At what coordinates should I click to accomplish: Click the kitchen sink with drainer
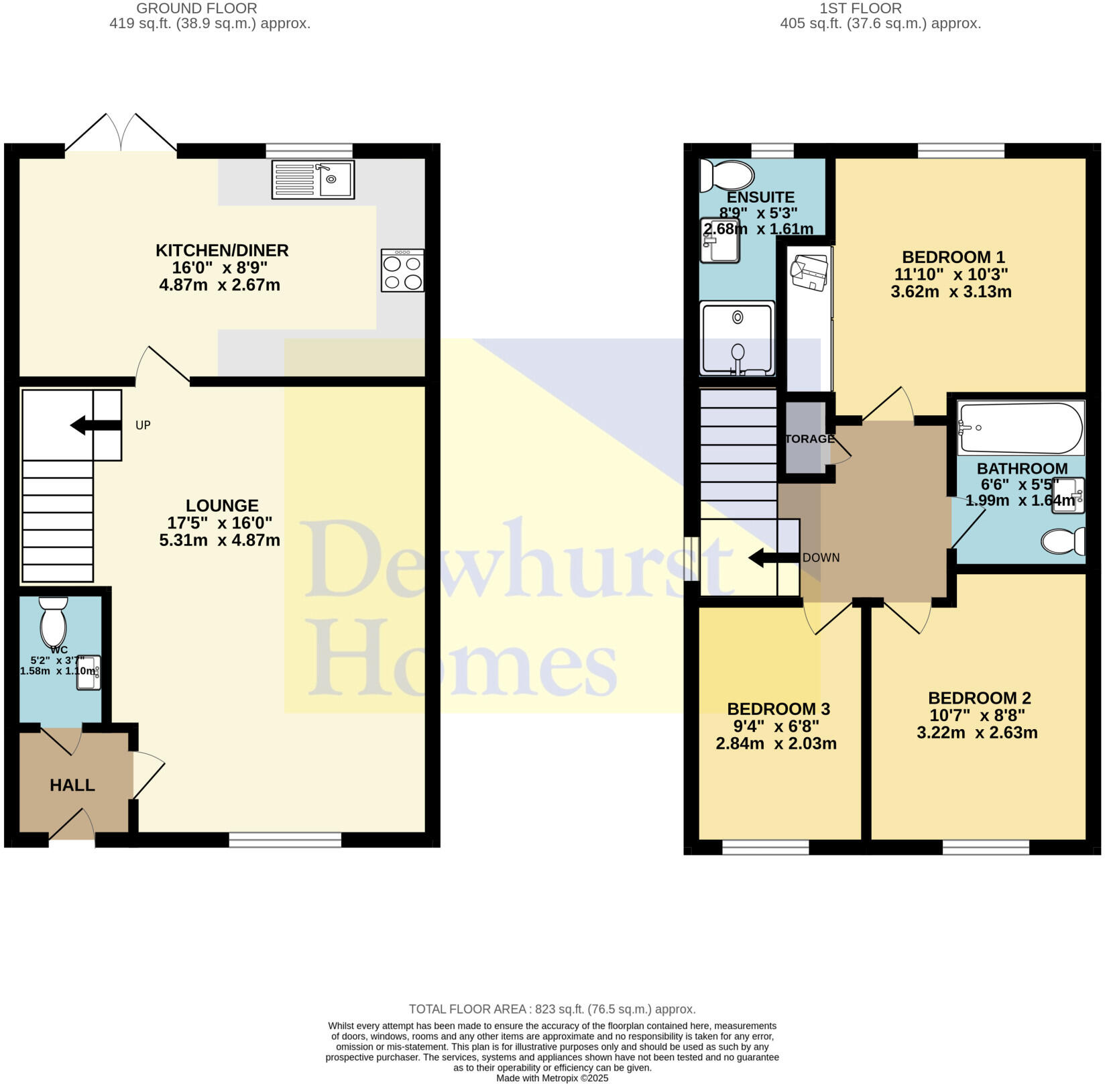pyautogui.click(x=312, y=179)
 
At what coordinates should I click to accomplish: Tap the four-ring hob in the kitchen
pyautogui.click(x=402, y=270)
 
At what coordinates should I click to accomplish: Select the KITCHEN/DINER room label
pyautogui.click(x=222, y=250)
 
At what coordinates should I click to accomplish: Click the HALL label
pyautogui.click(x=72, y=785)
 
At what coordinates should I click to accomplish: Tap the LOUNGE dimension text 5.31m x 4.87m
pyautogui.click(x=220, y=540)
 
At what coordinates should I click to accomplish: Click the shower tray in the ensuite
pyautogui.click(x=737, y=338)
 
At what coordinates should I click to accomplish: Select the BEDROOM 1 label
pyautogui.click(x=953, y=257)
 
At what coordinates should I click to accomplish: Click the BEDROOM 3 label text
pyautogui.click(x=778, y=709)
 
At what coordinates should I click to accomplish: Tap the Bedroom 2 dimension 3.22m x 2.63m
pyautogui.click(x=977, y=733)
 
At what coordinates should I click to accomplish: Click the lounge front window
pyautogui.click(x=285, y=839)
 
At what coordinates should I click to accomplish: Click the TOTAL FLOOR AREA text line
pyautogui.click(x=552, y=1009)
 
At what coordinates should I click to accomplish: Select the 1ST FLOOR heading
pyautogui.click(x=860, y=8)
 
